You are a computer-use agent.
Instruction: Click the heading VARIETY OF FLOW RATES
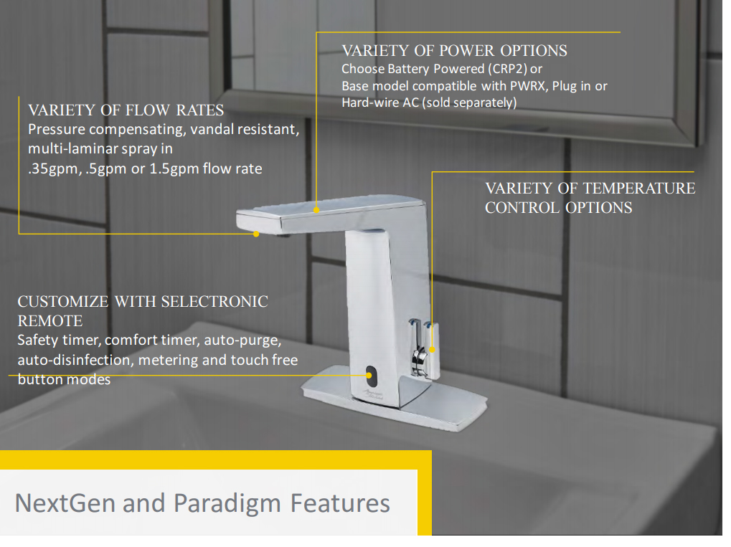coord(126,110)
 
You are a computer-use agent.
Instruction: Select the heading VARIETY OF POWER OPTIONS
coord(454,50)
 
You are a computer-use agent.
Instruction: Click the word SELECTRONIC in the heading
coord(214,301)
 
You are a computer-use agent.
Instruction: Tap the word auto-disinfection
coord(73,360)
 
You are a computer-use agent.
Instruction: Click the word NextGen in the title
coord(65,503)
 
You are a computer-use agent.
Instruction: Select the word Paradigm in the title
coord(227,504)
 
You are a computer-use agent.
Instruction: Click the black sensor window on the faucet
coord(369,374)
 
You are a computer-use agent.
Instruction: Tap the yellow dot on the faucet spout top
coord(316,210)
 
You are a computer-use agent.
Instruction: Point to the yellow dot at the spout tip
coord(256,234)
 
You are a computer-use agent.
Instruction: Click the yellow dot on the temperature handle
coord(432,349)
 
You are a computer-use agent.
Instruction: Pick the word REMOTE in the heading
coord(50,321)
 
